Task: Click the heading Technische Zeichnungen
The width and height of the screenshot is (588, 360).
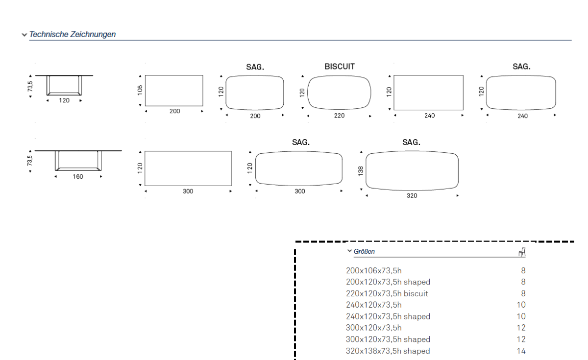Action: pyautogui.click(x=73, y=34)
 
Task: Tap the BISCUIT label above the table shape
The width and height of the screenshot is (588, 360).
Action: pyautogui.click(x=340, y=67)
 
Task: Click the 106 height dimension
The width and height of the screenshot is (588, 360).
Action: pyautogui.click(x=140, y=90)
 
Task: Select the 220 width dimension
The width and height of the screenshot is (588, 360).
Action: pyautogui.click(x=339, y=116)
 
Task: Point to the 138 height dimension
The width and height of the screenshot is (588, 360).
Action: pyautogui.click(x=361, y=171)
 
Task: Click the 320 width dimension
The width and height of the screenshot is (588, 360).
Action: pyautogui.click(x=412, y=195)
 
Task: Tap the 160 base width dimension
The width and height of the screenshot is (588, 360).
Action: pyautogui.click(x=78, y=177)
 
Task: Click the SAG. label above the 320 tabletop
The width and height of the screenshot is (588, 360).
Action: pyautogui.click(x=411, y=142)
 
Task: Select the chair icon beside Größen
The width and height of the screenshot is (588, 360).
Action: pyautogui.click(x=522, y=252)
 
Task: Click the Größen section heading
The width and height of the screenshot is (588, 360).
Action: pyautogui.click(x=364, y=251)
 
